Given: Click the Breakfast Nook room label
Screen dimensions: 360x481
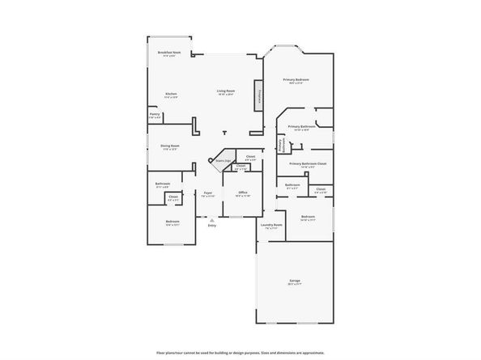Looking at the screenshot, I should click(x=169, y=52).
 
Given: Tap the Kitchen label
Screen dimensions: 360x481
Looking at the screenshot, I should click(x=171, y=94).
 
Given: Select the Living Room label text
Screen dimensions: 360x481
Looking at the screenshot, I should click(x=225, y=91).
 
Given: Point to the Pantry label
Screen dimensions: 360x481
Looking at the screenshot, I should click(x=154, y=114).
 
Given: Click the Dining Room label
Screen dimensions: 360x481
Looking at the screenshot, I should click(x=169, y=146).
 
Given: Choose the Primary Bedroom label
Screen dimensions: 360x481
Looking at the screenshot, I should click(x=296, y=79).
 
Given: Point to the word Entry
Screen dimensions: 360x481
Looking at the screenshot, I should click(x=211, y=225).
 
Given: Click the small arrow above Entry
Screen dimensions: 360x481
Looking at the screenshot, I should click(x=211, y=219).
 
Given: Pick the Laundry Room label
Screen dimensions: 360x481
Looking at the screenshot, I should click(x=271, y=224).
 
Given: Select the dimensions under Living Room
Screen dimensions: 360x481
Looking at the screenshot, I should click(x=225, y=95).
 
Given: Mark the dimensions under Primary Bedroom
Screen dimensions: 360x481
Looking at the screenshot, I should click(x=296, y=83).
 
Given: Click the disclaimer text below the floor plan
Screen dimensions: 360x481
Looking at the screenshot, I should click(x=240, y=353).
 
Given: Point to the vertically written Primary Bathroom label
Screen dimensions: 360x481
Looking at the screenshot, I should click(x=281, y=145).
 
